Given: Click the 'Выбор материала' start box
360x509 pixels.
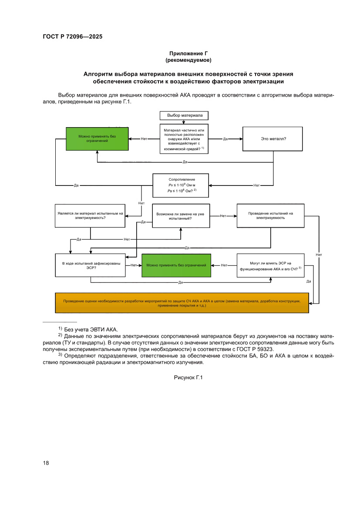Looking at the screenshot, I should click(184, 115).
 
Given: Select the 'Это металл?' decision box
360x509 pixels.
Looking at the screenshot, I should click(273, 139).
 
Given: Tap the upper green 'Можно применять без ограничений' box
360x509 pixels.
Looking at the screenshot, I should click(97, 139).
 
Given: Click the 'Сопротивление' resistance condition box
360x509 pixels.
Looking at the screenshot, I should click(181, 185).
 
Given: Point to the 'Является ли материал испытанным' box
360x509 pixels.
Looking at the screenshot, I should click(90, 216).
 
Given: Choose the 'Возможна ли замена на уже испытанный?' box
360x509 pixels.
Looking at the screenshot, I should click(180, 216).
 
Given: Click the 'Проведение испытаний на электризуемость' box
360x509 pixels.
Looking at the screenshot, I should click(270, 216).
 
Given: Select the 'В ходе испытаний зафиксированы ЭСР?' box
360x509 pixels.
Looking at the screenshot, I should click(91, 265).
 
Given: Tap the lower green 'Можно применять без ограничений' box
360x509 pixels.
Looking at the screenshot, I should click(176, 265).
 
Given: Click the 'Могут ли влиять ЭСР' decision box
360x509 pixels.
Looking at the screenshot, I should click(270, 265).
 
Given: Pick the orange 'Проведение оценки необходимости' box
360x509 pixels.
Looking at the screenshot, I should click(182, 303).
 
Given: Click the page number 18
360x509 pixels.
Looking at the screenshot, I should click(46, 463).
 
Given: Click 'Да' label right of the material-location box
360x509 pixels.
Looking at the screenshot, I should click(225, 139).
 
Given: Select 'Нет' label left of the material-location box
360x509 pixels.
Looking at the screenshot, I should click(144, 139).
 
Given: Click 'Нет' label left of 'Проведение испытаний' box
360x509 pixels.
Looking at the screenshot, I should click(223, 216).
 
